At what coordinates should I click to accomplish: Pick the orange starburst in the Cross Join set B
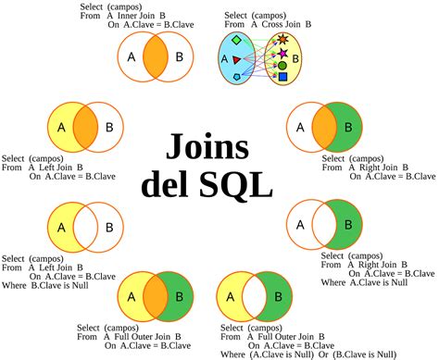coord(282,39)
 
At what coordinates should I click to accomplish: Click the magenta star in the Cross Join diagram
coord(282,54)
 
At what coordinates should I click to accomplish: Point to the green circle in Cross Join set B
coord(282,66)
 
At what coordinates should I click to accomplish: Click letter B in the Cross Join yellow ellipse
coord(296,58)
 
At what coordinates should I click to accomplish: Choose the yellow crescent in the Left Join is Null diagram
coord(59,226)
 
